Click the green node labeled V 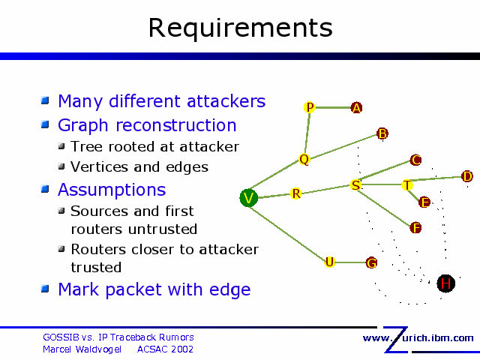[x=249, y=198]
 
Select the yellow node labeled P [x=310, y=108]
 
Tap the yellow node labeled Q [x=304, y=159]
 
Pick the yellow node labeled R [x=296, y=194]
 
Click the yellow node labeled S [x=355, y=184]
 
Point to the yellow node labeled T [x=406, y=184]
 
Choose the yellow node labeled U [x=329, y=262]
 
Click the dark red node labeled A [x=357, y=108]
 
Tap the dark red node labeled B [x=382, y=134]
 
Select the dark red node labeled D [x=467, y=176]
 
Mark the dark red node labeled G [x=371, y=262]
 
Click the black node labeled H [x=446, y=283]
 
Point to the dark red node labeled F [x=416, y=227]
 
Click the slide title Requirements [x=240, y=28]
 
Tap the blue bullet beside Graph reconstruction [x=45, y=124]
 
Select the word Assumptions [x=112, y=189]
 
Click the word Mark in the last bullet [x=78, y=289]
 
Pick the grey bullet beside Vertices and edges [x=62, y=166]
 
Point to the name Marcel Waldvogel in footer [x=82, y=349]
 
